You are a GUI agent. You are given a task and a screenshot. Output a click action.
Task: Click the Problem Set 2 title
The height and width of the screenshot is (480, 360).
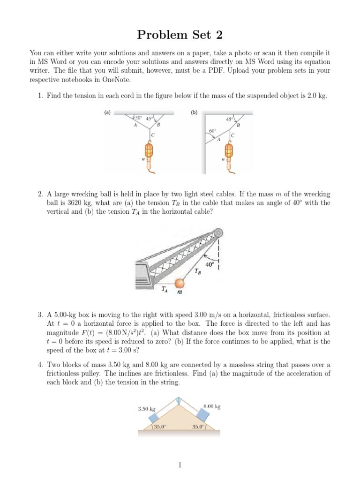(180, 35)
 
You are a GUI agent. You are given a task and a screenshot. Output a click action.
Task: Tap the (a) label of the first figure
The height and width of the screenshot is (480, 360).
(107, 112)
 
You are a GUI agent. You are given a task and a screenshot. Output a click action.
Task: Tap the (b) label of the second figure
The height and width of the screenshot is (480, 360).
(194, 112)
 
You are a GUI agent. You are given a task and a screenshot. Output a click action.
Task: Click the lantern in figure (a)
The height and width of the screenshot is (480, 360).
(149, 151)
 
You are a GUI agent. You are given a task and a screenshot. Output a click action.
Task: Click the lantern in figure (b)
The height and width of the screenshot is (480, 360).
(228, 151)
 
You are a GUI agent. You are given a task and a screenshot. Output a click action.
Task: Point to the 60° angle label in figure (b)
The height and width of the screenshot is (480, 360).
(212, 131)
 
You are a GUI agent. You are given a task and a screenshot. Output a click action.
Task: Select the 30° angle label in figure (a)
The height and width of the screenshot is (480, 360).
(138, 117)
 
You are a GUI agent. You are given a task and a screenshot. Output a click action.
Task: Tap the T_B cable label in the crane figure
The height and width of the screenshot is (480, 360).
(199, 271)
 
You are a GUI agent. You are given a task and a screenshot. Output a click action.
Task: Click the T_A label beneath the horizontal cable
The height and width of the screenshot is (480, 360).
(165, 290)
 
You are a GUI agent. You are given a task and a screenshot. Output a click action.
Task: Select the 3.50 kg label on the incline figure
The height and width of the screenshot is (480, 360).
(146, 409)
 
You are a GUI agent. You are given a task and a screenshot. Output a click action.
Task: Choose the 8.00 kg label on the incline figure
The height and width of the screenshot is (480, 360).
(212, 406)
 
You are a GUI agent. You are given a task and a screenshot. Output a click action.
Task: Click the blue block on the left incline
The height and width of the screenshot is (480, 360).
(155, 418)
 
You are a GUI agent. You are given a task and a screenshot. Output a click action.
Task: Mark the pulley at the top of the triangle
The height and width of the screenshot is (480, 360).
(179, 400)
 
